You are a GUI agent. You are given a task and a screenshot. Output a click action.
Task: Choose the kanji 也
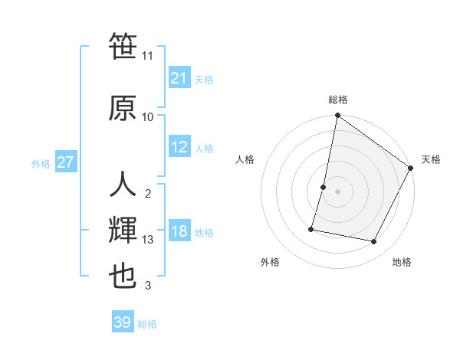123,276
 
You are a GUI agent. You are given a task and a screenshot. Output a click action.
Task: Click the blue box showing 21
179,78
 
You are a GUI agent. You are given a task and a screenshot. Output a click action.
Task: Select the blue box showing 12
179,147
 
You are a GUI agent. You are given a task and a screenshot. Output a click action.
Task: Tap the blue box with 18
179,232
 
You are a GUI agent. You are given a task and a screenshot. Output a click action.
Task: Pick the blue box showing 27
65,162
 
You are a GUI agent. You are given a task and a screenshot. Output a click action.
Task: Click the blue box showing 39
122,322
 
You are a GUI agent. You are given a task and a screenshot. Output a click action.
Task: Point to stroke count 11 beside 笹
148,56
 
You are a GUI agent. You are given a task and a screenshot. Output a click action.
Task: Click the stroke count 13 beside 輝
148,240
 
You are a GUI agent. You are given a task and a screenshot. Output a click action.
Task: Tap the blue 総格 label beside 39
147,324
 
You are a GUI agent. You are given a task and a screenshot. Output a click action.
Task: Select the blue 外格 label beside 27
41,163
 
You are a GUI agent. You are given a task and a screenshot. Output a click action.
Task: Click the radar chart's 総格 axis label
338,100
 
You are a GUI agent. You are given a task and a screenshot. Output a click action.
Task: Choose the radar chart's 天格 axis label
431,159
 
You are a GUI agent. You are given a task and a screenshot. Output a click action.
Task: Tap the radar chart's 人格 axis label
245,159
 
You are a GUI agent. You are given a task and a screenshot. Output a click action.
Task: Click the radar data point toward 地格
374,242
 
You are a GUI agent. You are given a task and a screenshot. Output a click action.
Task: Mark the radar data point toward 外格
311,229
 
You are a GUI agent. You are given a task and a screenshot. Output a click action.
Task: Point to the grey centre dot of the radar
337,191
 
